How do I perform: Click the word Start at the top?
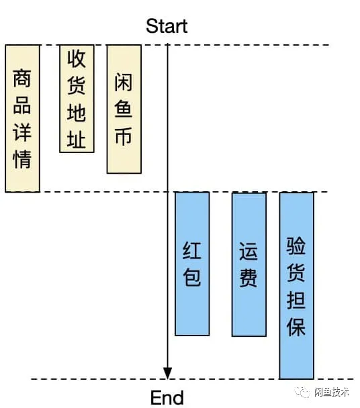(x=167, y=26)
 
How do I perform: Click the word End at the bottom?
(x=167, y=397)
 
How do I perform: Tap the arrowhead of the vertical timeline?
(x=168, y=373)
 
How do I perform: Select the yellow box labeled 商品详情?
(x=22, y=118)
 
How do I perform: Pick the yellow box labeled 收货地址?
(x=77, y=99)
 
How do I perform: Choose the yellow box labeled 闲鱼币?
(x=124, y=109)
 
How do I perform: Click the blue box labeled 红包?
(x=191, y=264)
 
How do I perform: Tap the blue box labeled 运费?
(x=249, y=264)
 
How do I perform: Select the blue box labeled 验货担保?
(x=296, y=285)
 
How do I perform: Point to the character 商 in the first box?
(x=22, y=80)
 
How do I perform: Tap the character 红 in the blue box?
(x=191, y=250)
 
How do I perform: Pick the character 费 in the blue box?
(x=249, y=277)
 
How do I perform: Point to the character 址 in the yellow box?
(x=77, y=140)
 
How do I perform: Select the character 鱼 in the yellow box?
(x=124, y=109)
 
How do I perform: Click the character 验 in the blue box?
(x=296, y=246)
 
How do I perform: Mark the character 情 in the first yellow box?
(x=22, y=160)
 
